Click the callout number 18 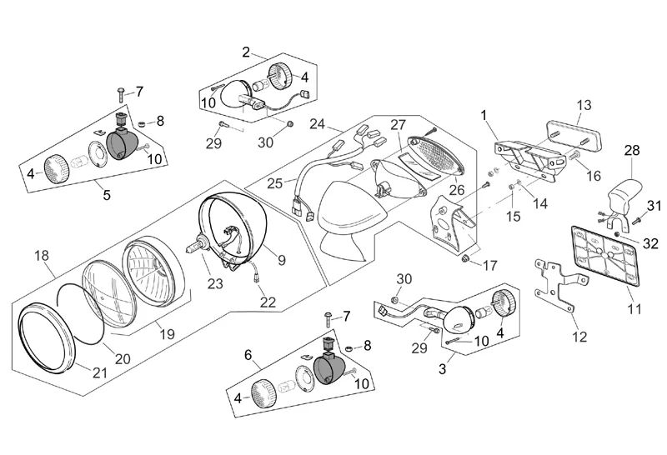coord(42,256)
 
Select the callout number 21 coord(100,372)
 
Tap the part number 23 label coord(215,283)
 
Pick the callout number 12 coord(579,337)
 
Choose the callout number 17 coord(489,266)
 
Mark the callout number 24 coord(316,124)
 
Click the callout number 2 coord(247,52)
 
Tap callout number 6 coord(247,354)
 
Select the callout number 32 coord(651,243)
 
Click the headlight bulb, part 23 coord(198,247)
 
